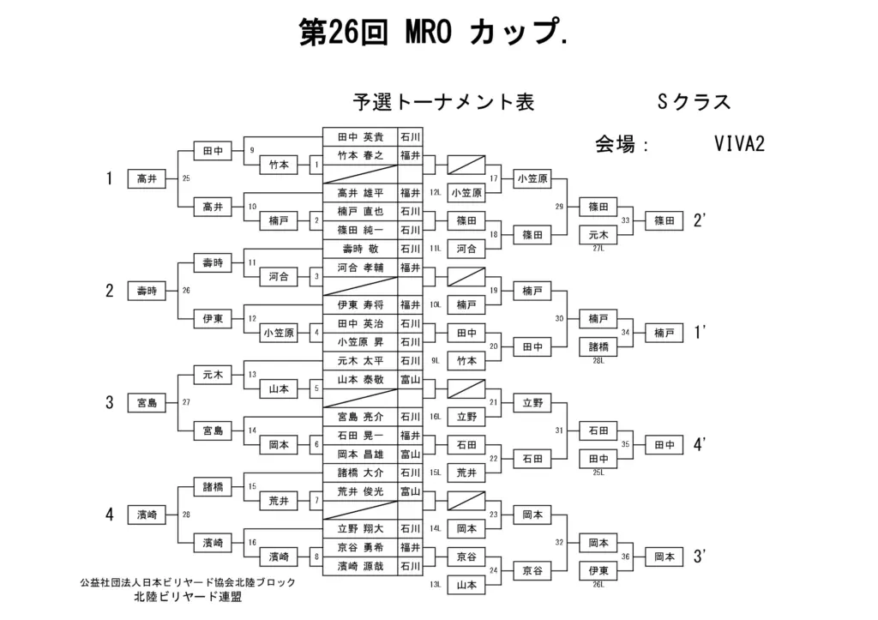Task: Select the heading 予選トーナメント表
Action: pyautogui.click(x=443, y=102)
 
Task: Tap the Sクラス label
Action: pyautogui.click(x=694, y=102)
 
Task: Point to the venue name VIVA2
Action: pyautogui.click(x=738, y=143)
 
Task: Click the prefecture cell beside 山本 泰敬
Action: pyautogui.click(x=410, y=379)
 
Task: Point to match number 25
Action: pyautogui.click(x=186, y=179)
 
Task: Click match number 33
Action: pyautogui.click(x=625, y=220)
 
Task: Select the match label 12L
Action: pyautogui.click(x=436, y=193)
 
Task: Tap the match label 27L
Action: pyautogui.click(x=598, y=249)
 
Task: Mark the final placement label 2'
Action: pyautogui.click(x=700, y=220)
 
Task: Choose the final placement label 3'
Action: pyautogui.click(x=700, y=557)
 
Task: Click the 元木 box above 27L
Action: pyautogui.click(x=598, y=234)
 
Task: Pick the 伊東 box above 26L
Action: pyautogui.click(x=598, y=570)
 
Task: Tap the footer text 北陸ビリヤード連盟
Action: pyautogui.click(x=186, y=597)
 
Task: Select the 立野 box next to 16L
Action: pyautogui.click(x=466, y=417)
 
